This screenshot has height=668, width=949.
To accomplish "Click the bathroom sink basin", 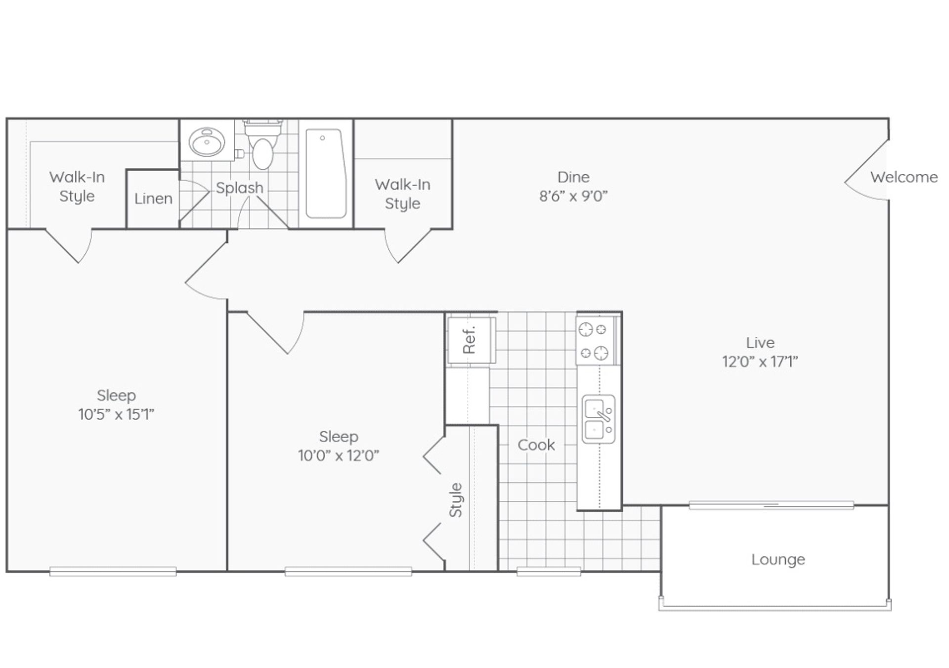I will click(x=207, y=142).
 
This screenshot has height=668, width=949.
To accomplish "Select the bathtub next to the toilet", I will click(x=325, y=173).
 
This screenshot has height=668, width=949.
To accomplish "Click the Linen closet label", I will click(x=153, y=199).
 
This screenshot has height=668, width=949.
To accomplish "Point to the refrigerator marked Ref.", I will click(x=470, y=340).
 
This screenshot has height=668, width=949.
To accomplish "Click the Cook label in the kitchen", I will click(x=536, y=445).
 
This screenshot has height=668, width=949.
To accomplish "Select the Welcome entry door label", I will click(x=904, y=177).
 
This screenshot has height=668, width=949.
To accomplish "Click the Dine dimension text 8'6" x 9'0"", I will click(x=573, y=196).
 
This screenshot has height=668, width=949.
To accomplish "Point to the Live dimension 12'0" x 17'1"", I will click(x=760, y=362).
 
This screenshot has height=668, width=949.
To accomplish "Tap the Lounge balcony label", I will click(x=778, y=559).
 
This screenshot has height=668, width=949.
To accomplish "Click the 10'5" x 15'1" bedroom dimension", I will click(x=116, y=414).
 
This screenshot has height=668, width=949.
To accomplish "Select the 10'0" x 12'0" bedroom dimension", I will click(x=339, y=455).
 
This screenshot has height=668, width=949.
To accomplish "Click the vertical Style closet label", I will click(x=455, y=500).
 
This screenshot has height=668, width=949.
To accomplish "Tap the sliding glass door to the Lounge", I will click(x=771, y=505).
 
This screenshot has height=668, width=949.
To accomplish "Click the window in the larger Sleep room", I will click(x=113, y=572).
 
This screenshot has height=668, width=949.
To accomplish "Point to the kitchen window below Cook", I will click(x=549, y=572).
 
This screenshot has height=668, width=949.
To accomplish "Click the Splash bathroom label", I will click(x=240, y=188).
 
